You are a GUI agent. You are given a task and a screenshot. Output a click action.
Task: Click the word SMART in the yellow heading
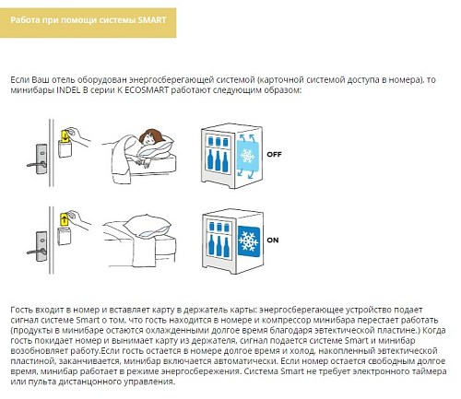[x=152, y=20]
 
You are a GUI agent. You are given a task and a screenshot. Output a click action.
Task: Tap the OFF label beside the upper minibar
[x=274, y=154]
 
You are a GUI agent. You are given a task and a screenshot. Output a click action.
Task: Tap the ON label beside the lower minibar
[x=273, y=240]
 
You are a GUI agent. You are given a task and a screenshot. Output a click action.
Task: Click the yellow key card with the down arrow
[x=65, y=136]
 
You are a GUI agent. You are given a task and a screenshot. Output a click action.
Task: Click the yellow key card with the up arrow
[x=64, y=219]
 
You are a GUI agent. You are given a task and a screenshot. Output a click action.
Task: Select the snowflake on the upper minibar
[x=247, y=156]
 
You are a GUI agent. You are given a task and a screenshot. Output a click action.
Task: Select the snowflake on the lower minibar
[x=249, y=241]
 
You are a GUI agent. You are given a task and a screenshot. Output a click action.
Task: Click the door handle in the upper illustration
[x=37, y=164]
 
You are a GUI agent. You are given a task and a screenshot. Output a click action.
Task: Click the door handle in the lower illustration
[x=37, y=252]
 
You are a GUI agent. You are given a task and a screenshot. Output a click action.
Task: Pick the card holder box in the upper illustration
[x=65, y=149]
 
